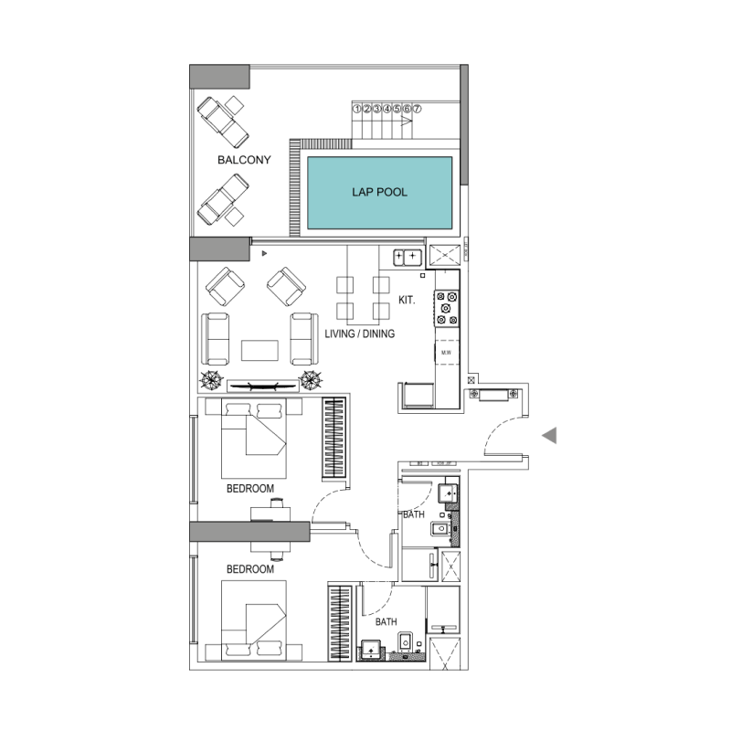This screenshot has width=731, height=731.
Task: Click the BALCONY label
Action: (244, 161)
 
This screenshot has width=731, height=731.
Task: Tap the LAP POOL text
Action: (379, 193)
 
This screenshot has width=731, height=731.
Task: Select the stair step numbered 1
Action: (357, 109)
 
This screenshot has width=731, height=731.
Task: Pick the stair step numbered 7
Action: (418, 109)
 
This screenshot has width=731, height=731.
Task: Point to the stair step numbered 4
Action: (387, 109)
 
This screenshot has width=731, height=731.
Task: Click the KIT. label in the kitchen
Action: (407, 299)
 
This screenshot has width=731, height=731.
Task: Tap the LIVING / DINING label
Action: (360, 334)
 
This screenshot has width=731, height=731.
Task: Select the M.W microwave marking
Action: (447, 352)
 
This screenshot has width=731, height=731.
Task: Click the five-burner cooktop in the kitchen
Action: (447, 308)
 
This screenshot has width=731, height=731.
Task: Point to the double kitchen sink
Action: (407, 256)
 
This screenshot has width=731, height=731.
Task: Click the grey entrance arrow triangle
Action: (549, 437)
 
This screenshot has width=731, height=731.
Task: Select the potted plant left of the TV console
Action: (212, 381)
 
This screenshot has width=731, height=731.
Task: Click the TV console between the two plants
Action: (262, 386)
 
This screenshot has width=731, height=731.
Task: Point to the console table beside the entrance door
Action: (494, 394)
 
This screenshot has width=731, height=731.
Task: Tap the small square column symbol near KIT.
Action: (421, 274)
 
